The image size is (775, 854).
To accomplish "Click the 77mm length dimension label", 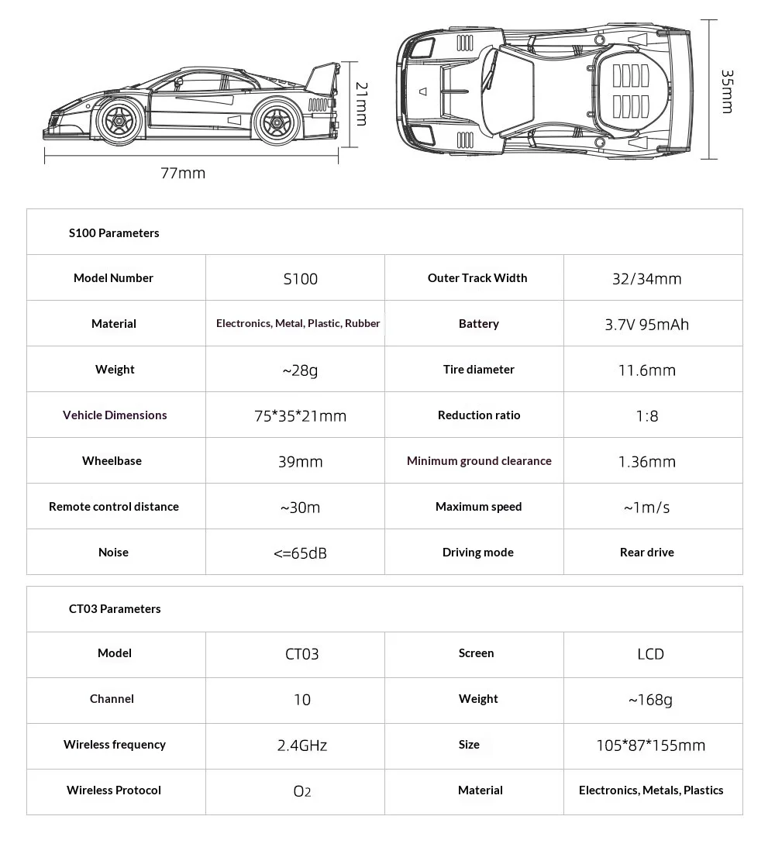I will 183,173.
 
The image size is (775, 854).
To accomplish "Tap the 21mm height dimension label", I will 360,104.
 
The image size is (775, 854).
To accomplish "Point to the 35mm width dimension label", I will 726,91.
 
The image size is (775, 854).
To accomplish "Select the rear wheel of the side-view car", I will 274,121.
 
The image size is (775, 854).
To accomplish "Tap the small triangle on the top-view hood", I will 422,91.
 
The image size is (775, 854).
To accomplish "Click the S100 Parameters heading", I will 114,232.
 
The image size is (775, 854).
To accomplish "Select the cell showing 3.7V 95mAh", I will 646,324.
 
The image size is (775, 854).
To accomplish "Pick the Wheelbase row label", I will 112,461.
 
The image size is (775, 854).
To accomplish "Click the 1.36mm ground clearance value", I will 646,462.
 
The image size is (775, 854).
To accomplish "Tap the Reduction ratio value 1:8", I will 646,416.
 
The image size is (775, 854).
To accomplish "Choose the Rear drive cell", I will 646,553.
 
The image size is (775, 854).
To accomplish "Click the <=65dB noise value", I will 300,553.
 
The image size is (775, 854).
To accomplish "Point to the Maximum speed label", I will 478,507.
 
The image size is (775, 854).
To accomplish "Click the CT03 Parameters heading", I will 115,608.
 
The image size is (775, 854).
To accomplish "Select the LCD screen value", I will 650,654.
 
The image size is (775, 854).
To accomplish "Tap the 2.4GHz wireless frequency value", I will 302,746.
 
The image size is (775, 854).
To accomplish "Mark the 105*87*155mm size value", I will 650,746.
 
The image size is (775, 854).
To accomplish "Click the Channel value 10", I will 302,700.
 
